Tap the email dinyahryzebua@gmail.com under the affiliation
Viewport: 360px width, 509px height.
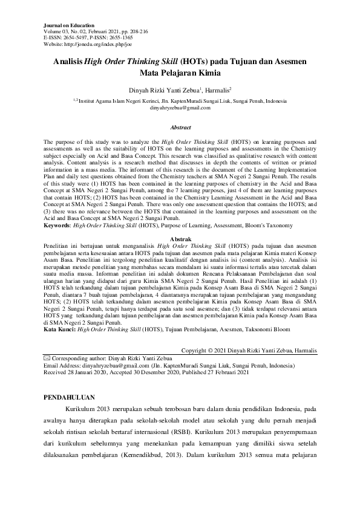(x=180, y=108)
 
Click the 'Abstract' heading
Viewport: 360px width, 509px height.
(x=180, y=128)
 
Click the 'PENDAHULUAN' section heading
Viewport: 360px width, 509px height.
(x=71, y=398)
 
